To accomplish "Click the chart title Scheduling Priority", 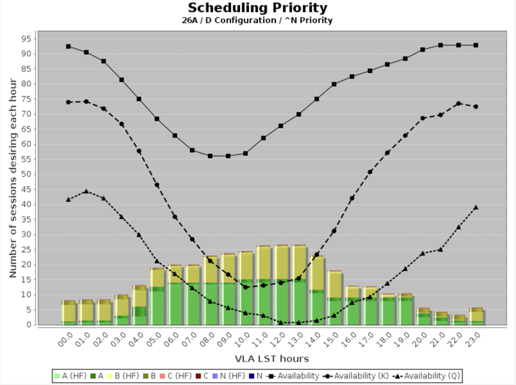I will tap(257, 8).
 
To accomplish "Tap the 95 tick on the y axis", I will tap(26, 38).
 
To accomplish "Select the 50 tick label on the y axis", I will tap(26, 174).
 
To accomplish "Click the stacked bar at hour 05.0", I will tap(157, 296).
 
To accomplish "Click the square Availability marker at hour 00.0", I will tap(69, 46).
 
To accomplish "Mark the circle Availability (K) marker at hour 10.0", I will tap(245, 287).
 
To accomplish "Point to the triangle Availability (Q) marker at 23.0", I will tap(476, 207).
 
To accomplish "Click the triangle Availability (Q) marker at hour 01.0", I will tap(86, 191).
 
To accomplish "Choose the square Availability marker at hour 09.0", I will tap(228, 156).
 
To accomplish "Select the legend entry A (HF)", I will tap(70, 376).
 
